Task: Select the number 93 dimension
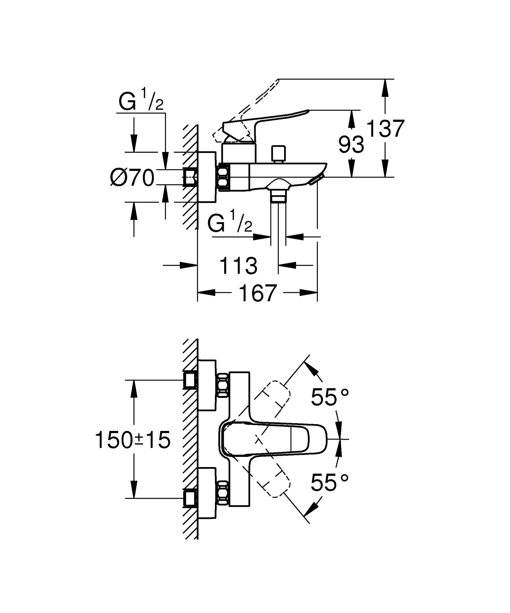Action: point(351,144)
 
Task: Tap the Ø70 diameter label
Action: point(133,178)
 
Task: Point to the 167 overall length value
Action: point(257,293)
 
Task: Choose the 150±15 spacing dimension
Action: point(133,439)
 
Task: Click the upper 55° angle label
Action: point(330,397)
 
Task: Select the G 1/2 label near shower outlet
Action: point(230,223)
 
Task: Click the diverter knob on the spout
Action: point(279,154)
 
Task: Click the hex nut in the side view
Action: point(224,177)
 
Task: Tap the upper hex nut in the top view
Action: point(223,386)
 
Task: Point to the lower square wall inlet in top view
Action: point(190,498)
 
